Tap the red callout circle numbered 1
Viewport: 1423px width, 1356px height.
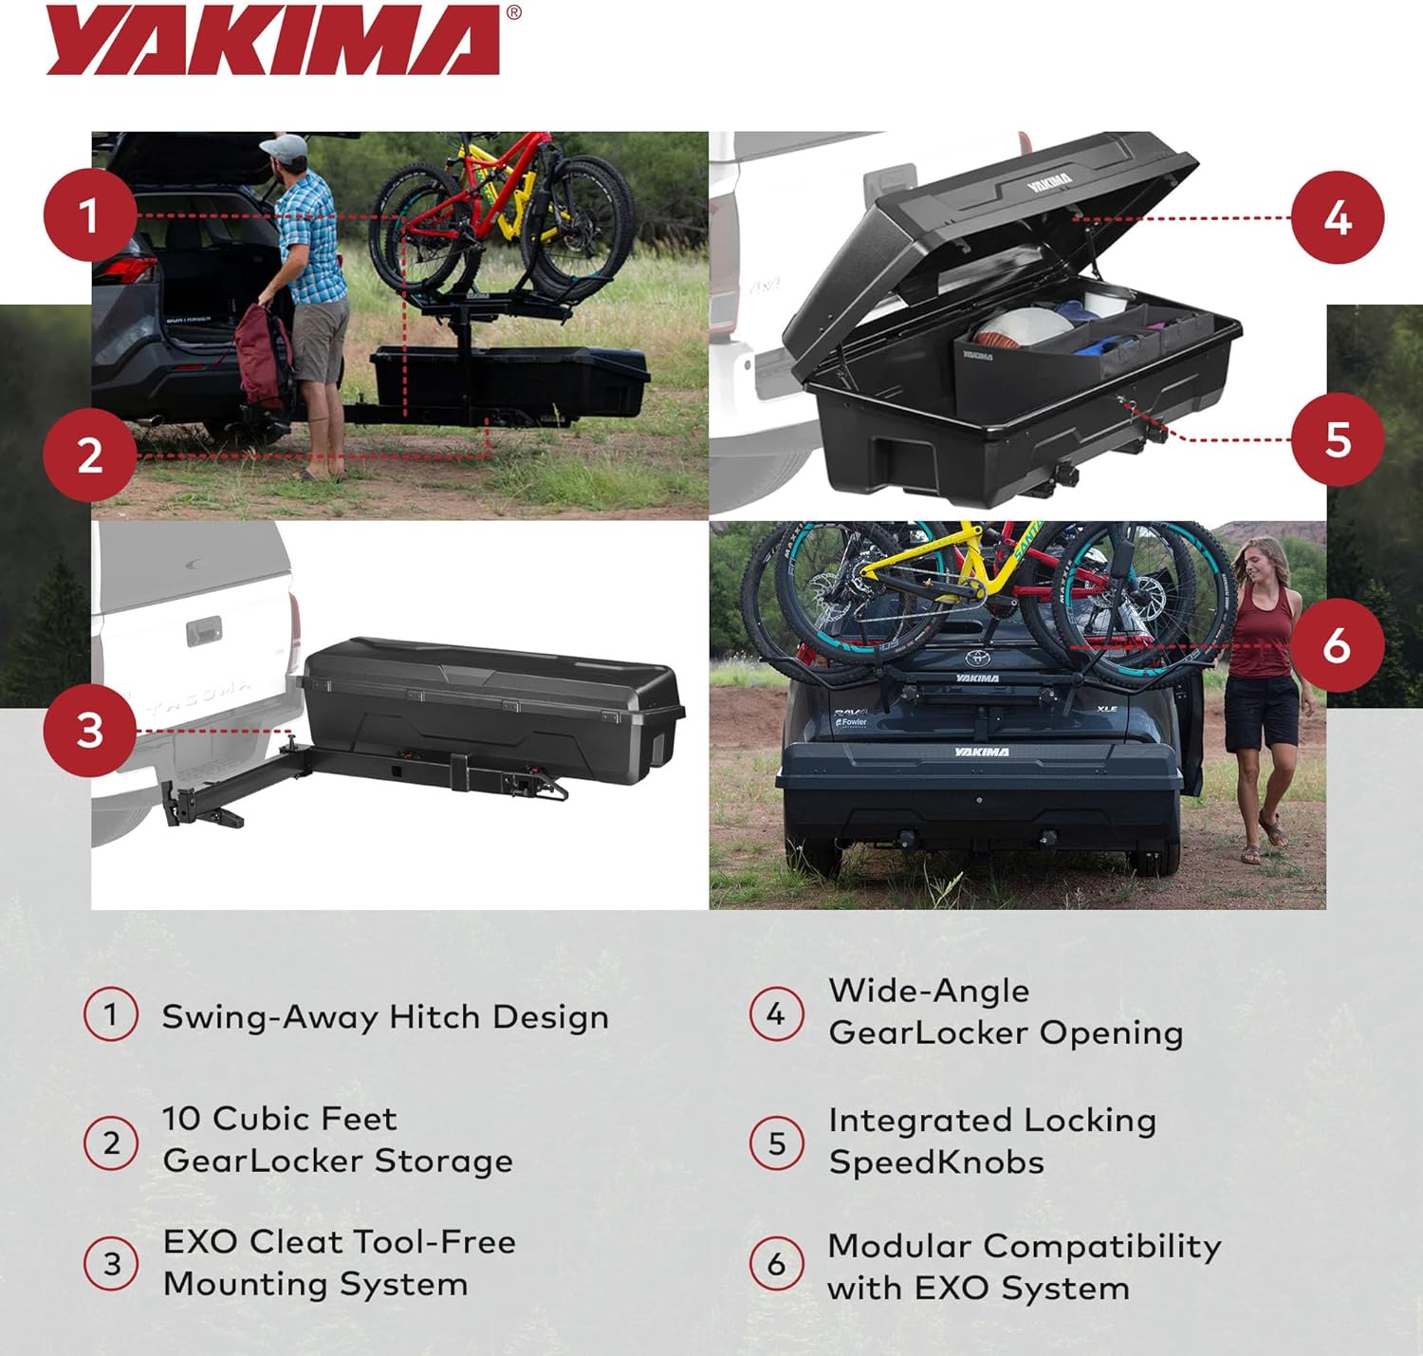point(89,215)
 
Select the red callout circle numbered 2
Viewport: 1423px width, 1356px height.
point(89,455)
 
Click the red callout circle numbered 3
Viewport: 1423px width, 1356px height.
point(89,731)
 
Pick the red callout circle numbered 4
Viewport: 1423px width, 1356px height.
point(1338,218)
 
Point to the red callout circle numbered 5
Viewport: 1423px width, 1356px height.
point(1338,439)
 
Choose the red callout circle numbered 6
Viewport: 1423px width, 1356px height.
point(1338,645)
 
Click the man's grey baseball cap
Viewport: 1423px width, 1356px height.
point(285,148)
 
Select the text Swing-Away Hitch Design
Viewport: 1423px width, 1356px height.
point(385,1017)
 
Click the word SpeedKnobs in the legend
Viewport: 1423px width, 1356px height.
point(936,1162)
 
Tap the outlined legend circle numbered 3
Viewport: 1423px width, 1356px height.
point(112,1264)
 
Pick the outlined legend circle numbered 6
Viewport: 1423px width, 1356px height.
point(777,1264)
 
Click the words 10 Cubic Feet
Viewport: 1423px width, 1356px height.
point(279,1119)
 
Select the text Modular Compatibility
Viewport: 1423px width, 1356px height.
point(1025,1246)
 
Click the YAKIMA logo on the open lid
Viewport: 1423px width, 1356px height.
point(1049,180)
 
